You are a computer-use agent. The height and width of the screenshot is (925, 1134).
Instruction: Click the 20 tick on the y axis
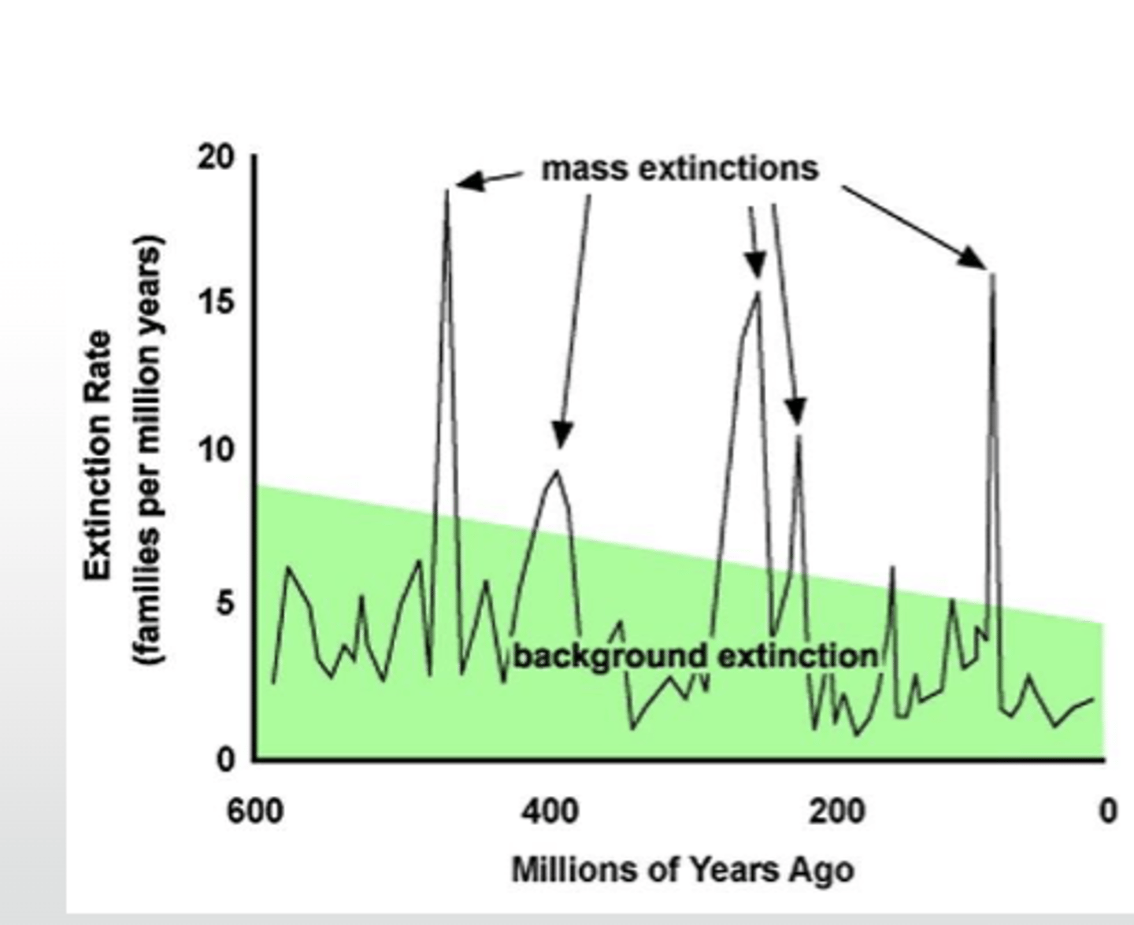coord(216,158)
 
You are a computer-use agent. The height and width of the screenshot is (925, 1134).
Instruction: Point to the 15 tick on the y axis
coord(216,302)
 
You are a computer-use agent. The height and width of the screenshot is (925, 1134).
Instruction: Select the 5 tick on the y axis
coord(225,604)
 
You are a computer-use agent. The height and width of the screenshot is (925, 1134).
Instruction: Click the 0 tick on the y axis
coord(225,760)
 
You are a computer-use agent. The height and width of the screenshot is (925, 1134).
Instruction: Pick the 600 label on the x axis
coord(255,811)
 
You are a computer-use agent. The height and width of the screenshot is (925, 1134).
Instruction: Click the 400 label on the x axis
coord(549,811)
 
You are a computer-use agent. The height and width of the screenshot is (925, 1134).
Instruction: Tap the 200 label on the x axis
coord(836,811)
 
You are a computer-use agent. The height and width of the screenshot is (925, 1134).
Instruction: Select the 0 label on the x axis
coord(1107,811)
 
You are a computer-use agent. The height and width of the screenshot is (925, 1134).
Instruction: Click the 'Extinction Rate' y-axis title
coord(98,457)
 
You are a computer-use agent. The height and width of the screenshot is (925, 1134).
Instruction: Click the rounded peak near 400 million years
coord(558,472)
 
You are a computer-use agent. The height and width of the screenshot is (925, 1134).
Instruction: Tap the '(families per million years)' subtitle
coord(150,449)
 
